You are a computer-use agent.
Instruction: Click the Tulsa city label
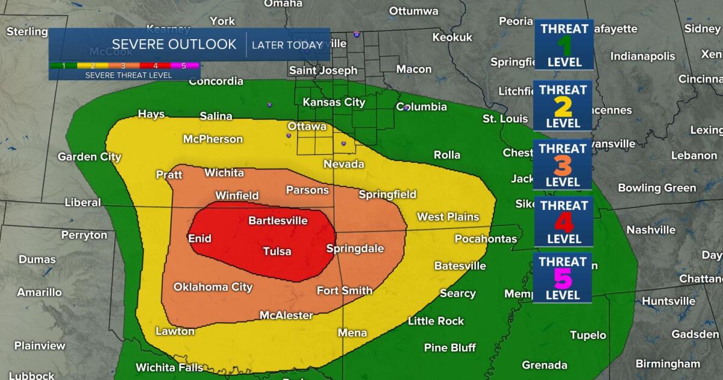(277, 252)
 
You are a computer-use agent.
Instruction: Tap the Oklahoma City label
(213, 287)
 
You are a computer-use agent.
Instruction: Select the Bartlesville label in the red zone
(278, 221)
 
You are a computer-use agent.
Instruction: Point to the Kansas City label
(334, 102)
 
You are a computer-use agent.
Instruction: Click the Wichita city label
(224, 173)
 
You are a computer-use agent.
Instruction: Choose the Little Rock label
(436, 321)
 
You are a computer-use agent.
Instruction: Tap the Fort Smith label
(344, 291)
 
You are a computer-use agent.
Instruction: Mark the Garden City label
(89, 157)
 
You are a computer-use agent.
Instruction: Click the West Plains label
(448, 217)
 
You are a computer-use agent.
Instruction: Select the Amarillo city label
(39, 293)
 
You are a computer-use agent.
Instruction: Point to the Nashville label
(651, 230)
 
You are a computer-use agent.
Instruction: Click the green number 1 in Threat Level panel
(564, 45)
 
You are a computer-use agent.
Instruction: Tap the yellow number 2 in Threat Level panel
(563, 107)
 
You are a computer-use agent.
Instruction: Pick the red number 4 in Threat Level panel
(563, 223)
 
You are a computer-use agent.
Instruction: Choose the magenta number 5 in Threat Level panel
(563, 279)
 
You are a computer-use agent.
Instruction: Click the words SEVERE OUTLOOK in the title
(174, 45)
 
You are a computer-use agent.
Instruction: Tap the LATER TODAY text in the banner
(287, 45)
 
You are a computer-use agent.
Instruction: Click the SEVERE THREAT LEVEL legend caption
(128, 75)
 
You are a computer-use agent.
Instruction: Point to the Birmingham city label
(668, 364)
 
